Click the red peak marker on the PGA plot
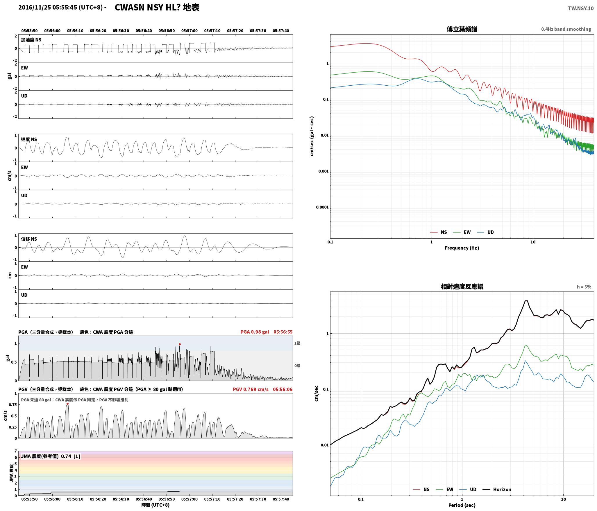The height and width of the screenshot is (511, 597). (180, 344)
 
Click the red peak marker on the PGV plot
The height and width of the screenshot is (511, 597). (67, 404)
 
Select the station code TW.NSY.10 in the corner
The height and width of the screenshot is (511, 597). (581, 8)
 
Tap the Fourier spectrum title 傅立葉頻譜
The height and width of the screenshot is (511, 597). (462, 29)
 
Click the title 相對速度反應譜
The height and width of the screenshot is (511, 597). (462, 287)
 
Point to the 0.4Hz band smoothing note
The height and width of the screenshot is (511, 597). (566, 29)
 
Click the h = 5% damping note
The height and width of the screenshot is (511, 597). (584, 287)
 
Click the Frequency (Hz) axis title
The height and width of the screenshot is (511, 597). (462, 248)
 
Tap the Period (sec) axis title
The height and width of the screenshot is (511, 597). (462, 505)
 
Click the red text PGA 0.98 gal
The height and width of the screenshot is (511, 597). (255, 332)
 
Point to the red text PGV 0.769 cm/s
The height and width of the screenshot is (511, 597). (251, 389)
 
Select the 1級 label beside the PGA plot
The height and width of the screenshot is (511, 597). (297, 343)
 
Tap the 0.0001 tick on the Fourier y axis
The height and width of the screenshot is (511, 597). (322, 207)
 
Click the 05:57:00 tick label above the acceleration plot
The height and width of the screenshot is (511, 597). (190, 31)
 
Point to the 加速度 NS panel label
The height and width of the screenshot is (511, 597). (31, 40)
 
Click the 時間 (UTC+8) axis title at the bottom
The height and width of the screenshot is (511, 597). (155, 505)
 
